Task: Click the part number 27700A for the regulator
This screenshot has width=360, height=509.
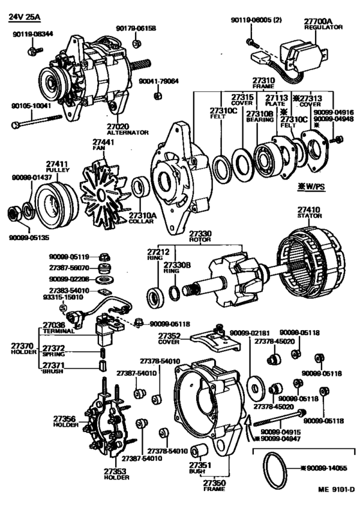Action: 317,21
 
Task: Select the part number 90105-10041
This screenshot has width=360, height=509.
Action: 31,105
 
